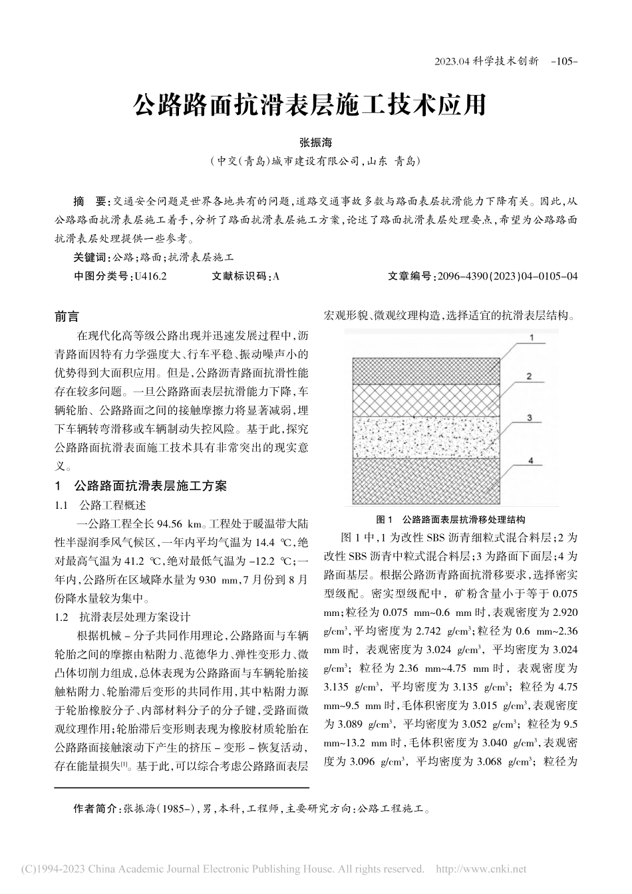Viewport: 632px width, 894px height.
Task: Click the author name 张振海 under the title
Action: click(x=315, y=143)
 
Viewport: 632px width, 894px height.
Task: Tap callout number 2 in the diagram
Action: click(x=528, y=376)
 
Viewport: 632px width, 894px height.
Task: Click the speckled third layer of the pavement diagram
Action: click(x=426, y=438)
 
